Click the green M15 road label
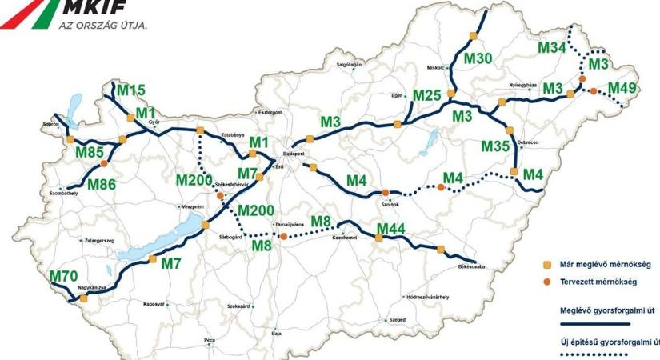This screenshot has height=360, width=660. click(130, 90)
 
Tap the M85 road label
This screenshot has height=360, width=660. click(90, 151)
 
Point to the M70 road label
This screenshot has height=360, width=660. click(64, 277)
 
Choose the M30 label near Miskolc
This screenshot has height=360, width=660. click(478, 58)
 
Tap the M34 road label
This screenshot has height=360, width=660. click(552, 48)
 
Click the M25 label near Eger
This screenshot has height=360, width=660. click(427, 96)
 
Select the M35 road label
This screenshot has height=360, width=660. click(495, 146)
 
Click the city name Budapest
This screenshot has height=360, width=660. click(295, 149)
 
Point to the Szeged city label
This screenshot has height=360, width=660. click(398, 320)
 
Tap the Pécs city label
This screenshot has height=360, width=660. click(210, 340)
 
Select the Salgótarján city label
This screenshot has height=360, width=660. click(350, 64)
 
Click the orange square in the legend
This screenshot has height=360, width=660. click(548, 265)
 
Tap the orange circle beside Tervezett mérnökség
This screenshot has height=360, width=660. click(548, 282)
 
